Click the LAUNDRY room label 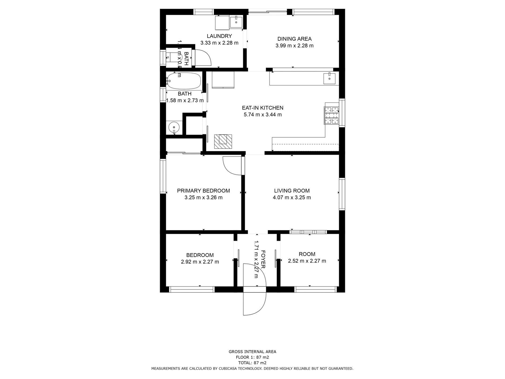[219, 36]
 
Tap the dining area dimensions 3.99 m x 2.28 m [294, 46]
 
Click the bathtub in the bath [184, 81]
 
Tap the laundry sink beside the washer [236, 22]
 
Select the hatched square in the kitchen [223, 141]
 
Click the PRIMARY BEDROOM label [203, 191]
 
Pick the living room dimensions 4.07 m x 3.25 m [292, 198]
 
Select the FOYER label [263, 259]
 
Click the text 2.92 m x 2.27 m [200, 262]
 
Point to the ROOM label [307, 254]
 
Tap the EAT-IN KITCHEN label [262, 108]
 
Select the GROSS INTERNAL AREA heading [252, 352]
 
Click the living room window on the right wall [342, 194]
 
